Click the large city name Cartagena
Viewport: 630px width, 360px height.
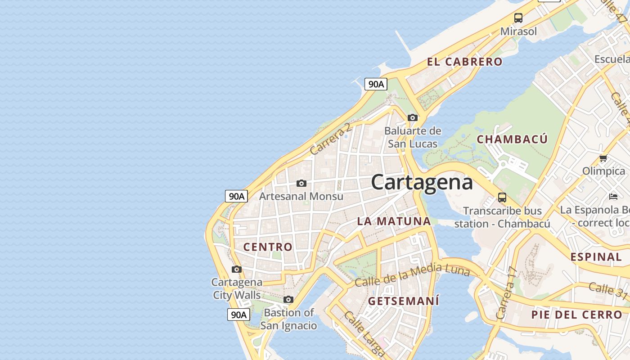pyautogui.click(x=422, y=182)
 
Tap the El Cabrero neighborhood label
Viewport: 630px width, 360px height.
pyautogui.click(x=464, y=62)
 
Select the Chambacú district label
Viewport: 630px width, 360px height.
pyautogui.click(x=512, y=139)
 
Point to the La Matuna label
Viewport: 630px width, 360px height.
pyautogui.click(x=394, y=221)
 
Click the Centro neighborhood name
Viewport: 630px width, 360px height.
pyautogui.click(x=268, y=247)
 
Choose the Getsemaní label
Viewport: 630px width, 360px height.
pyautogui.click(x=404, y=301)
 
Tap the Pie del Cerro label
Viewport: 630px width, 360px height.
pyautogui.click(x=576, y=315)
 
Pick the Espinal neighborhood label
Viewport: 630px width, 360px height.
pyautogui.click(x=596, y=257)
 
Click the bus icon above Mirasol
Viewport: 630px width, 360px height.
pyautogui.click(x=518, y=18)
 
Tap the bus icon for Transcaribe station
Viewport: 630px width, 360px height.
pyautogui.click(x=502, y=198)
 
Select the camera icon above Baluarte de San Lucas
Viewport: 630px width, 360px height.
pyautogui.click(x=413, y=118)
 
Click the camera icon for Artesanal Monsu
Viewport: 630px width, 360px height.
pyautogui.click(x=301, y=184)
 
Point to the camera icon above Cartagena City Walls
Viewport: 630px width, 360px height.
pyautogui.click(x=237, y=270)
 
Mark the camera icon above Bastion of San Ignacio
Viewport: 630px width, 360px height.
pyautogui.click(x=288, y=300)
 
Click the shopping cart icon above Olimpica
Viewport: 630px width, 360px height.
pyautogui.click(x=603, y=158)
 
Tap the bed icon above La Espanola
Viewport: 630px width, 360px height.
pyautogui.click(x=613, y=196)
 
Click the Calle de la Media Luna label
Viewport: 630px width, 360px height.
pyautogui.click(x=412, y=274)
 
